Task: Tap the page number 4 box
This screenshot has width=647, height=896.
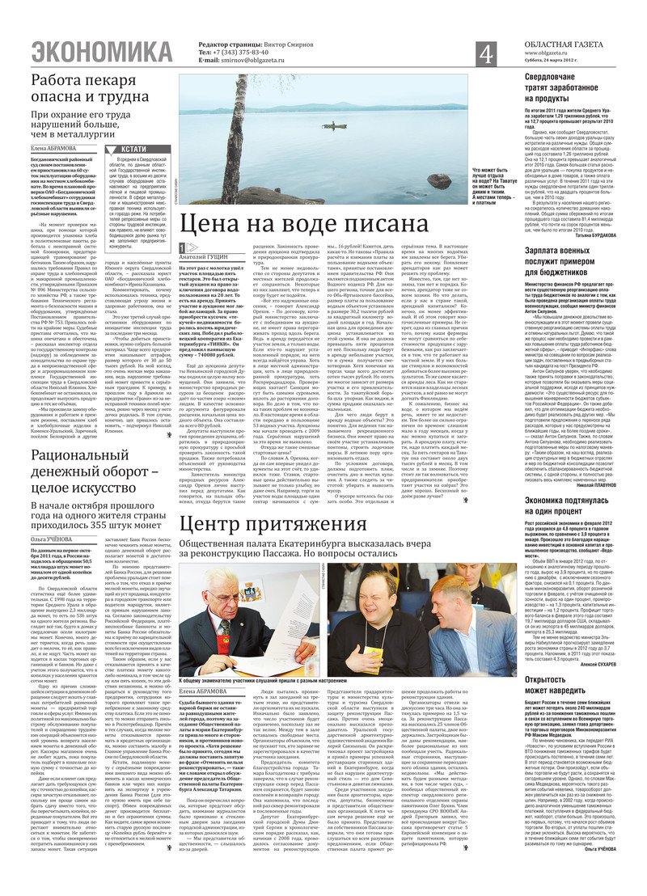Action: pos(485,54)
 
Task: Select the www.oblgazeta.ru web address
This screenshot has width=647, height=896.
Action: pos(526,52)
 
